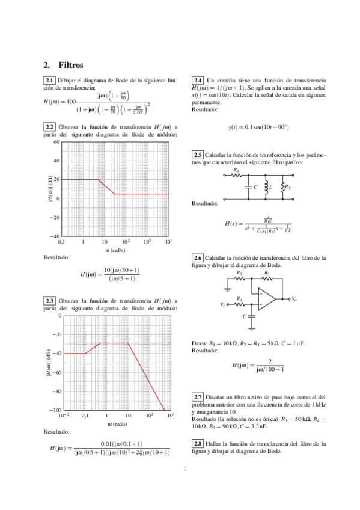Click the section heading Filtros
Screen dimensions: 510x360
(71, 65)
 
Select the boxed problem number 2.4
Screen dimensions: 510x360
(198, 81)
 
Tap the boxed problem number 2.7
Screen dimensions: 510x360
(198, 398)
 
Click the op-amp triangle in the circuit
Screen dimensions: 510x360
(267, 299)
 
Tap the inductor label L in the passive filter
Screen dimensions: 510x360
(272, 188)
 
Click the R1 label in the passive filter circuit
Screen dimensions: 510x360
(236, 171)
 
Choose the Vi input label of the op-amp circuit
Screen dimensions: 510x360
(223, 304)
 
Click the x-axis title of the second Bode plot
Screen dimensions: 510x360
(115, 423)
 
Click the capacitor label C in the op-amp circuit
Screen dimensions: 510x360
(244, 316)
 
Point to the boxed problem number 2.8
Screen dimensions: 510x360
(198, 444)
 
